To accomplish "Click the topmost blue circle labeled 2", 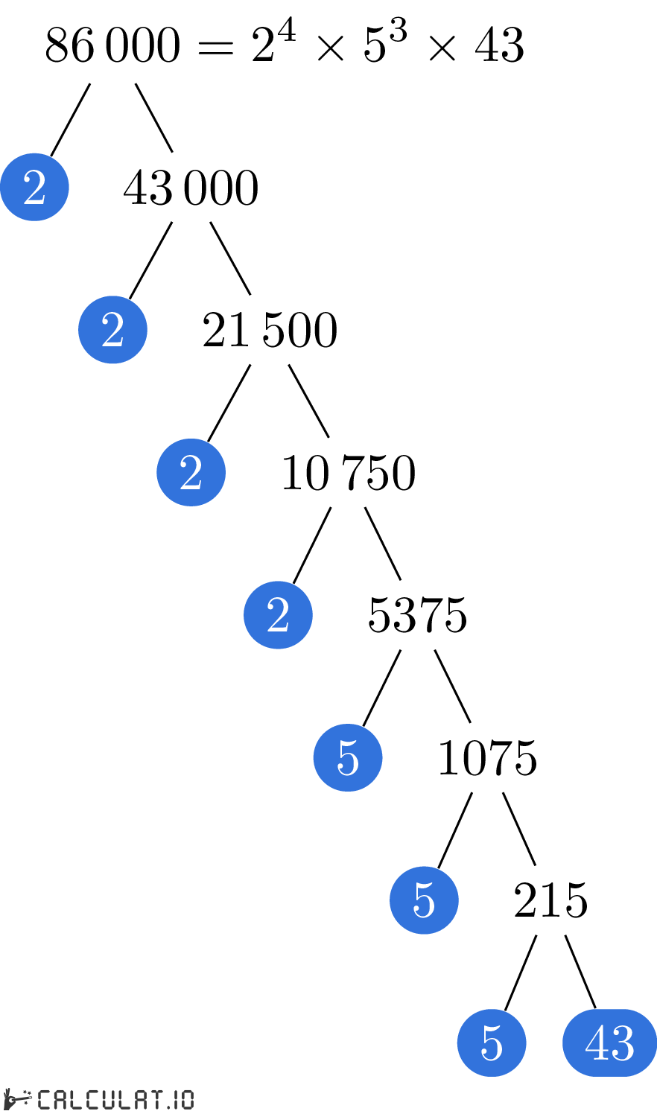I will coord(34,187).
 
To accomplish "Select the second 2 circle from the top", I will coord(112,330).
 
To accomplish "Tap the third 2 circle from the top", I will coord(191,472).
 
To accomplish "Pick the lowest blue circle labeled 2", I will coord(278,615).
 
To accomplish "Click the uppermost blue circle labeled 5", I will coord(348,757).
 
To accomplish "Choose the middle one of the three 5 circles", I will coord(424,900).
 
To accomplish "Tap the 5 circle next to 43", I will coord(492,1043).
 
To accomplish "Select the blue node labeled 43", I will coord(610,1043).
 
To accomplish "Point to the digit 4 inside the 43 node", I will coord(597,1043).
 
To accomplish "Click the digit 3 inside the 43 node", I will coord(623,1043).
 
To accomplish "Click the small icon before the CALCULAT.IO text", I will coord(18,1099).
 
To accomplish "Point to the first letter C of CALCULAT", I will coord(44,1099).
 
